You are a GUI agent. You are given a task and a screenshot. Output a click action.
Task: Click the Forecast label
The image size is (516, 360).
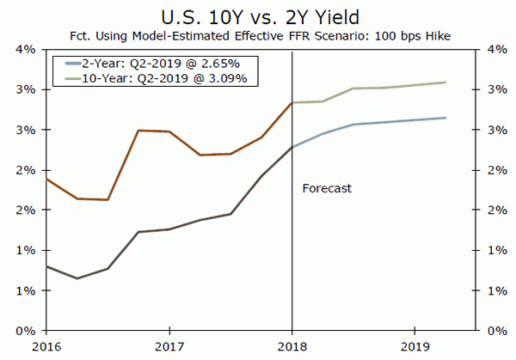[x=327, y=187]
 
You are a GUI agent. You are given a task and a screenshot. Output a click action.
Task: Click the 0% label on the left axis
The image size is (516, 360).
[x=27, y=331]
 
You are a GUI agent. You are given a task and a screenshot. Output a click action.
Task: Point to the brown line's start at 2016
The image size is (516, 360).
[x=47, y=179]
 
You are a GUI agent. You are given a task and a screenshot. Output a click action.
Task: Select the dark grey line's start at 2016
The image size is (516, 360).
[x=47, y=266]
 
